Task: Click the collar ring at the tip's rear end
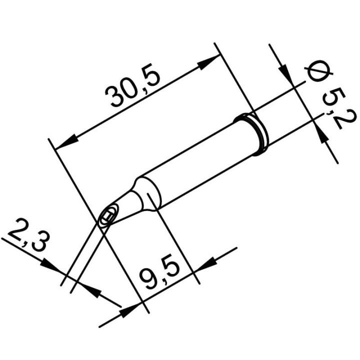coord(255,132)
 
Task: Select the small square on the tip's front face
coord(106,218)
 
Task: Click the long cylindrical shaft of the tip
coord(200,160)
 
